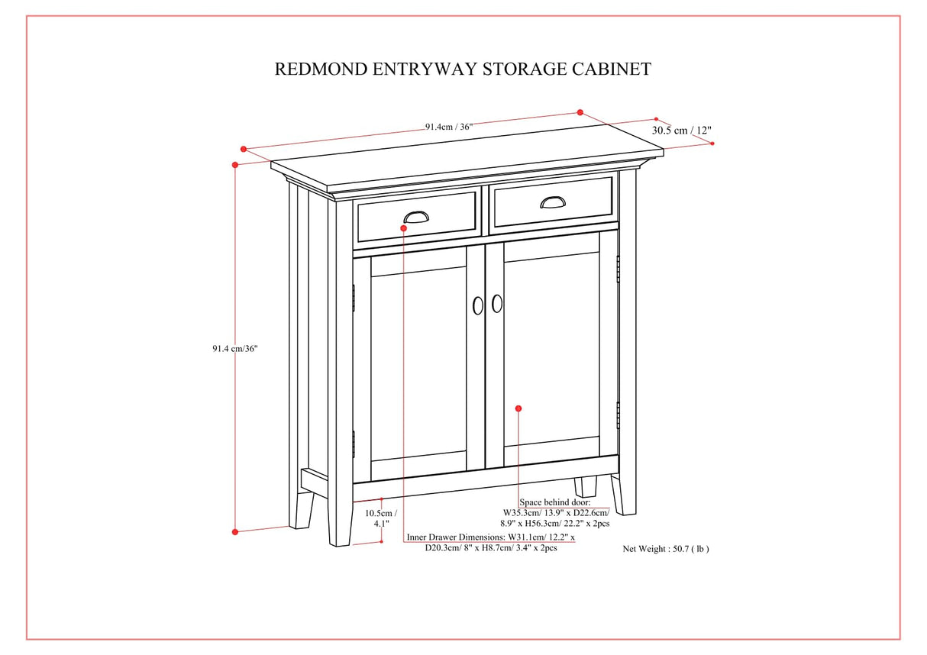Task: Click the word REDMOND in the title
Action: [x=321, y=69]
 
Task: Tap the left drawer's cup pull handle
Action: [x=416, y=216]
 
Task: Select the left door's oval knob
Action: [x=478, y=305]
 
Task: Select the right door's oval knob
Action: [x=497, y=303]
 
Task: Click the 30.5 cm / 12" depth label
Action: [x=681, y=131]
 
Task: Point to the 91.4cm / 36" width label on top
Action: [x=449, y=127]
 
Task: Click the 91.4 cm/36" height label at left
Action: [x=235, y=349]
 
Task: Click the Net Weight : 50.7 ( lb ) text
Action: [x=665, y=548]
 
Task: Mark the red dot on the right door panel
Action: [x=518, y=409]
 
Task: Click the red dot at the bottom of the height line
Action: [x=235, y=531]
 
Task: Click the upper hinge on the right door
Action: [x=618, y=269]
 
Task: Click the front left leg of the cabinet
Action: [x=340, y=519]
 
